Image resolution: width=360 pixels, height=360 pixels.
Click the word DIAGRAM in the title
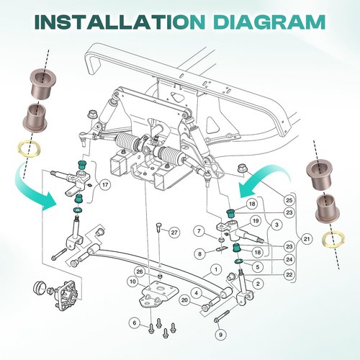click(269, 22)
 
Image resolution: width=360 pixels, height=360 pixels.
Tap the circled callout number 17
click(105, 185)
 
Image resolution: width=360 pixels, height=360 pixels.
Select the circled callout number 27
click(174, 233)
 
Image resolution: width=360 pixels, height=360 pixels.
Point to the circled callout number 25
click(289, 199)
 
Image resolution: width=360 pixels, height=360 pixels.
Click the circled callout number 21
click(307, 239)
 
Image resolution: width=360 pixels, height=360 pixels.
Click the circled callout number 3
click(276, 225)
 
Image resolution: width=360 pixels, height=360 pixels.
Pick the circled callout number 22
click(289, 274)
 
